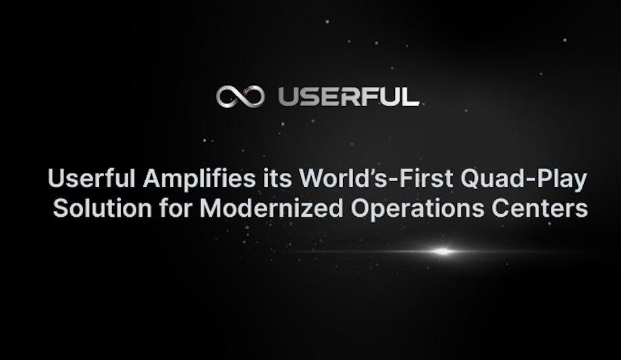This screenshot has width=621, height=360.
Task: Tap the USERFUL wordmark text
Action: pyautogui.click(x=348, y=97)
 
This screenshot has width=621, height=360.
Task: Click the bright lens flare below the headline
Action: pyautogui.click(x=442, y=252)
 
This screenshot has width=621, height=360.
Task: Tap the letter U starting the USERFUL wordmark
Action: pyautogui.click(x=286, y=97)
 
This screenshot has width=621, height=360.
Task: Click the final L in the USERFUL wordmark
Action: pyautogui.click(x=410, y=97)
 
